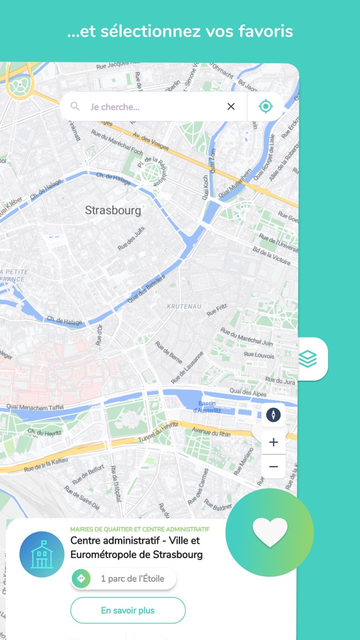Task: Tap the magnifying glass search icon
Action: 75,106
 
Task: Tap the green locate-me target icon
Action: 265,106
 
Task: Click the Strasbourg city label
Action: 113,210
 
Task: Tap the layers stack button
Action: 308,359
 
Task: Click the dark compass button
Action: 273,415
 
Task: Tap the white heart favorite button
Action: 270,532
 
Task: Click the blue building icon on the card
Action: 42,554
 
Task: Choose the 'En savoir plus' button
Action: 128,611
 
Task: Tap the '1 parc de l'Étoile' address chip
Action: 123,579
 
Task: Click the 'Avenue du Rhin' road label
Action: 212,430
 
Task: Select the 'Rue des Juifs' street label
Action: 132,239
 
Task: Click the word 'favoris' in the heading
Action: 266,31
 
